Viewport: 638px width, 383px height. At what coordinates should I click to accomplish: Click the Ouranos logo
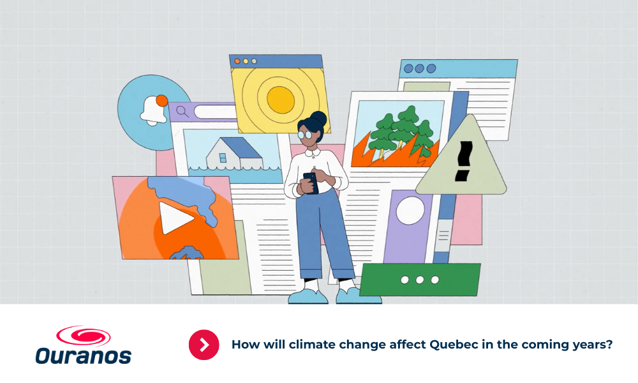click(84, 345)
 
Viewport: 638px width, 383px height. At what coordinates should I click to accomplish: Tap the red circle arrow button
click(204, 345)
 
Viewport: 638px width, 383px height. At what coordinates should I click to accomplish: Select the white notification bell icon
click(152, 110)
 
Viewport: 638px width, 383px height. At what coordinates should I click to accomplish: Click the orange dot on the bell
click(162, 100)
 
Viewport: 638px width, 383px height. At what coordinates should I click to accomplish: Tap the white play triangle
click(175, 218)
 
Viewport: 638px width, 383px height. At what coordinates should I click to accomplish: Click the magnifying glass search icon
click(182, 111)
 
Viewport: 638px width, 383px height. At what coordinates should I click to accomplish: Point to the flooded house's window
click(223, 158)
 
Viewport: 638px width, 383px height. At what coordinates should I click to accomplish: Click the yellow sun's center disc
click(281, 100)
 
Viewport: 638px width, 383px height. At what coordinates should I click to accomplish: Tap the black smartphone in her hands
click(311, 183)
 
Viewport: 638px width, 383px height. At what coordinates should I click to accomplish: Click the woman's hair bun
click(318, 119)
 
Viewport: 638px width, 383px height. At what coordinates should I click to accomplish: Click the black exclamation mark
click(463, 161)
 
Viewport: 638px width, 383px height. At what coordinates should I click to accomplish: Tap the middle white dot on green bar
click(420, 280)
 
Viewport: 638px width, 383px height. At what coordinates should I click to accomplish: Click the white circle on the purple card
click(410, 211)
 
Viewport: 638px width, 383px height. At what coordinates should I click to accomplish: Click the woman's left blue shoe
click(308, 297)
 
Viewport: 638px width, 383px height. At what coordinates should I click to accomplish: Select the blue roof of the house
click(242, 147)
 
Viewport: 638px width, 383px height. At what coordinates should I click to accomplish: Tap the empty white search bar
click(215, 112)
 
